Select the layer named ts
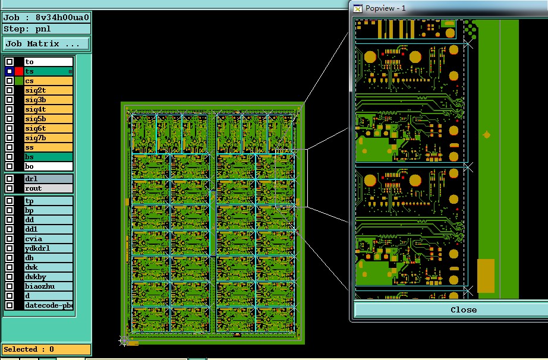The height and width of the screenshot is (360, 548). click(48, 71)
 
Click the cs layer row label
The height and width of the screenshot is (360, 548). click(48, 81)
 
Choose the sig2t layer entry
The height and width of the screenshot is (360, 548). click(48, 90)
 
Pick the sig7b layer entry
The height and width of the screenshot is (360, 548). click(48, 138)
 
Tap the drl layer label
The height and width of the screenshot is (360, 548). click(48, 179)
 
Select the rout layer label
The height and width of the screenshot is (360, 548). click(48, 188)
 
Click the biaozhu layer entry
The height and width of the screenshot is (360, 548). click(48, 286)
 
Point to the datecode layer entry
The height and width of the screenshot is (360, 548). click(48, 305)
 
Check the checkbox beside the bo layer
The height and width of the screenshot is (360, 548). click(10, 166)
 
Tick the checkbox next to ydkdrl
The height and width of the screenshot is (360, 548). click(10, 248)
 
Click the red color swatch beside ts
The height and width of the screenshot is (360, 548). click(19, 71)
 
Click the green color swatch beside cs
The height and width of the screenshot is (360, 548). click(19, 81)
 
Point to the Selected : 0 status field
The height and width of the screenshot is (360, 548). click(46, 349)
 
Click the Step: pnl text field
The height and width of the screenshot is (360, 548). click(46, 29)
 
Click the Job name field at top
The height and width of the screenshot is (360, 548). click(46, 17)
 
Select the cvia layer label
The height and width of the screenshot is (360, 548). click(48, 239)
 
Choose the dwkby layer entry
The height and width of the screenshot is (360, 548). click(48, 277)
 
